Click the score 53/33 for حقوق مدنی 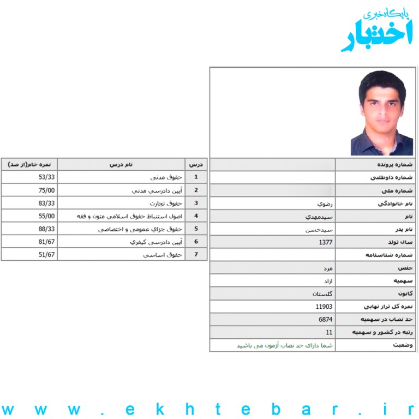coord(47,177)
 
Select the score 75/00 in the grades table coord(47,190)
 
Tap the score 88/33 coord(47,229)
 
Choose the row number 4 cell coord(196,216)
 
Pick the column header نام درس coord(121,164)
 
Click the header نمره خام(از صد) coord(29,164)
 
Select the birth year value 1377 coord(326,242)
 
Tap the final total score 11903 coord(324,307)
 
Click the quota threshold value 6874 coord(326,320)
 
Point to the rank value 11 coord(329,332)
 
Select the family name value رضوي coord(326,203)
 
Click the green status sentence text coord(284,345)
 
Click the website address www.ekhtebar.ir coord(209,409)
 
